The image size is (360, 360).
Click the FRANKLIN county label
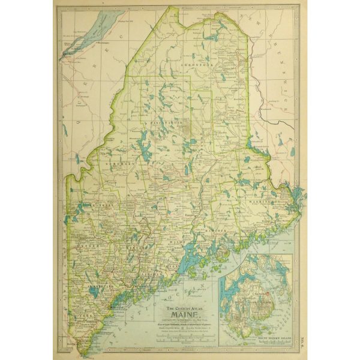click(90, 205)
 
